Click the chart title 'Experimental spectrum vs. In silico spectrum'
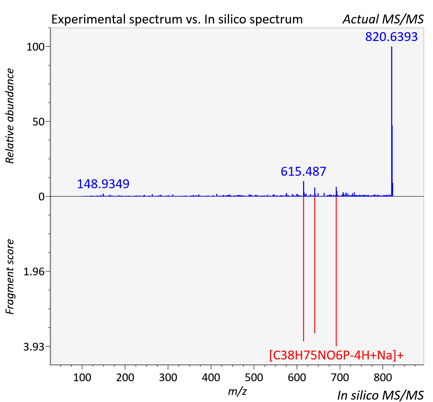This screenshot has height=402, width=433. tap(177, 19)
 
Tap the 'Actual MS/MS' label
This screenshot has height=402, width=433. tap(383, 19)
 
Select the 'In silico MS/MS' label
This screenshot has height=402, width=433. tap(380, 395)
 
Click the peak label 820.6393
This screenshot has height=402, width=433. tap(391, 37)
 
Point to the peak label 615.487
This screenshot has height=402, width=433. tap(303, 171)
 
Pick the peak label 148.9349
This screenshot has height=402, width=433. tap(103, 184)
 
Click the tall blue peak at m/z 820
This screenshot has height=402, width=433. tap(392, 121)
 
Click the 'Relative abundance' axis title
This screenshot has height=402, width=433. tap(10, 116)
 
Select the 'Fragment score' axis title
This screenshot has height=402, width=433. tap(10, 277)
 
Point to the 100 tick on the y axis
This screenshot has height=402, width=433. tap(35, 47)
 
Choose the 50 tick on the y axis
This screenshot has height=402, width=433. tap(38, 122)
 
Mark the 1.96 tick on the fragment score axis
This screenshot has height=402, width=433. tap(34, 272)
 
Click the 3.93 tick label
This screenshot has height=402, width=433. tap(34, 347)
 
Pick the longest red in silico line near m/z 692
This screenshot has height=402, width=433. tap(336, 271)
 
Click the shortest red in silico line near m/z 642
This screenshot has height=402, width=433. tap(315, 265)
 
